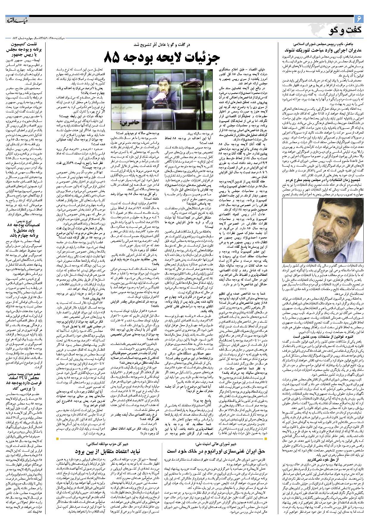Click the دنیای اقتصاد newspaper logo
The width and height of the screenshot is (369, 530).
point(18,21)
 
